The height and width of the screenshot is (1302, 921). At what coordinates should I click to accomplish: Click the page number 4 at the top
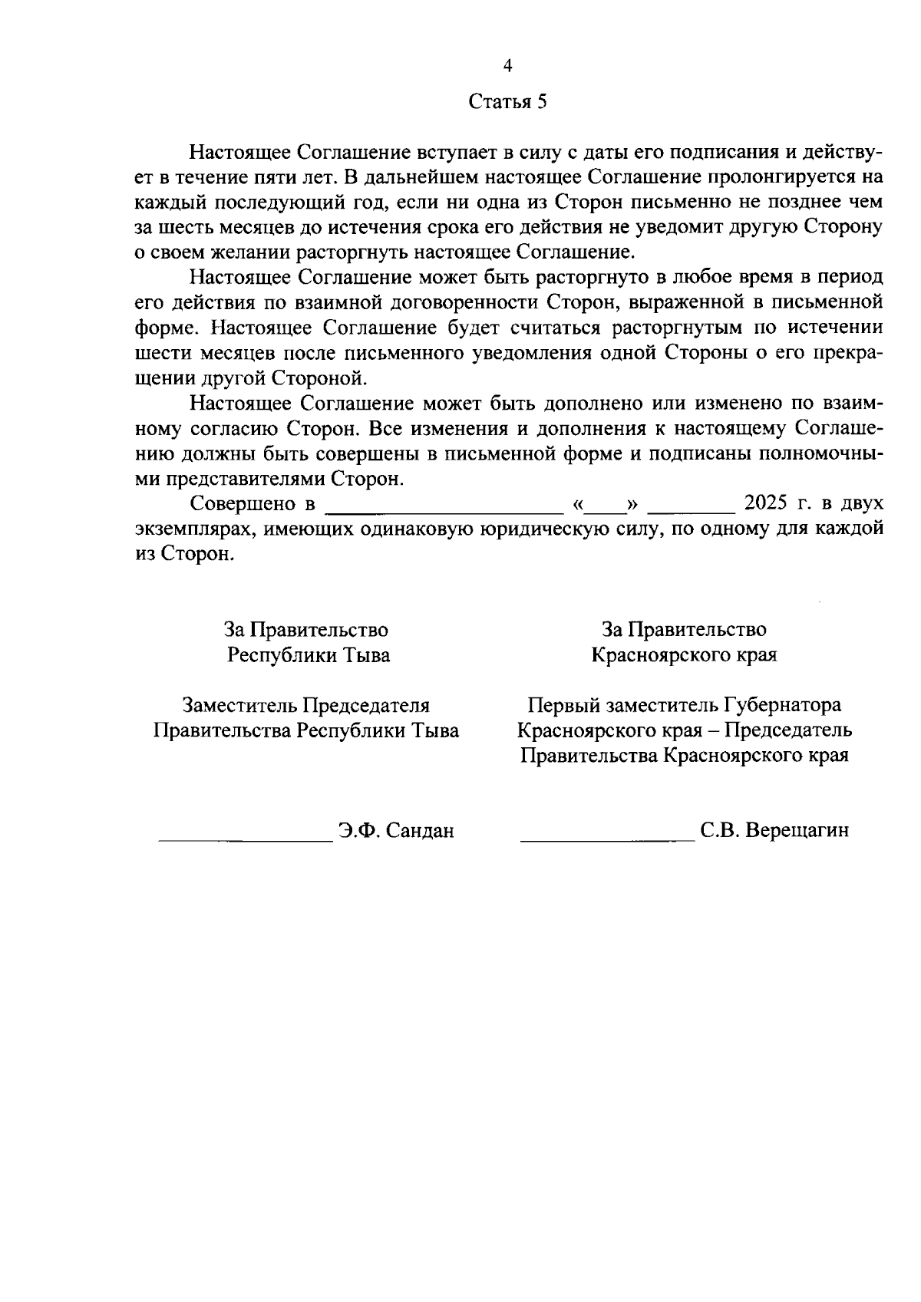tap(507, 66)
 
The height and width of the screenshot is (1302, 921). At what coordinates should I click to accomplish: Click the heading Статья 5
tap(507, 102)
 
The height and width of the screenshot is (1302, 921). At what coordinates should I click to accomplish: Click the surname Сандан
tap(420, 830)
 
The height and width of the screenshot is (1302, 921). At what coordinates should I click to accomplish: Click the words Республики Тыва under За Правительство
tap(309, 655)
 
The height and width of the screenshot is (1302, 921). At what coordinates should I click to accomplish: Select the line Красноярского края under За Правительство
tap(683, 655)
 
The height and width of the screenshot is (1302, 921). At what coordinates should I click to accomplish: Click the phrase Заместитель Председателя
tap(305, 705)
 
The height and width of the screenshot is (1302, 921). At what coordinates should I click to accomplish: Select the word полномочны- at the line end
tap(820, 453)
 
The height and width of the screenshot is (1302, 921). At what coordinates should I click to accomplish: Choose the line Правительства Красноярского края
tap(684, 756)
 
